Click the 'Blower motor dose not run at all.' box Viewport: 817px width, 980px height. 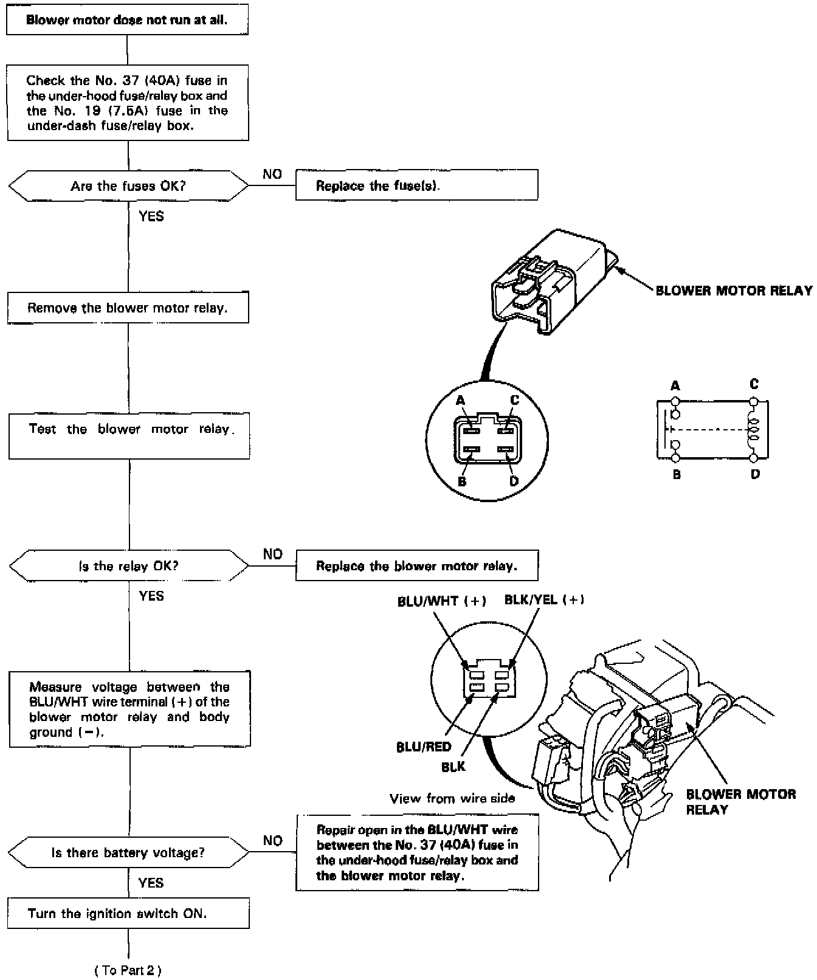click(x=127, y=20)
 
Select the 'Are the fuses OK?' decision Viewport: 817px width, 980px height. click(x=128, y=186)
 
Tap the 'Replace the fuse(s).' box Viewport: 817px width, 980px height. click(x=416, y=185)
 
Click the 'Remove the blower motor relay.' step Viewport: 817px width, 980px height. click(x=128, y=308)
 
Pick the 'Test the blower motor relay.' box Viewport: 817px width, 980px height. click(x=129, y=436)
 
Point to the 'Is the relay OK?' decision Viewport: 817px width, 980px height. click(x=128, y=566)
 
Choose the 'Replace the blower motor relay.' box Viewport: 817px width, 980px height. click(x=416, y=566)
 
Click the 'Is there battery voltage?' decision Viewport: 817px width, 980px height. click(x=128, y=853)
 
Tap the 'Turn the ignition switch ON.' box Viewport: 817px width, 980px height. click(x=128, y=913)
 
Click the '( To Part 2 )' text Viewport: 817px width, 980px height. click(x=128, y=970)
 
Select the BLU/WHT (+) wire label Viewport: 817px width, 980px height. click(x=441, y=601)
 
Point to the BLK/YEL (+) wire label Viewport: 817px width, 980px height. click(x=544, y=600)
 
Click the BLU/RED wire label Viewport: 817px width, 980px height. click(x=423, y=747)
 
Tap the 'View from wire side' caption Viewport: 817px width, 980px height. click(x=452, y=798)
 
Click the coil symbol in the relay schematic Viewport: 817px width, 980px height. click(x=754, y=429)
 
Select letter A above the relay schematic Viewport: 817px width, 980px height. click(x=675, y=386)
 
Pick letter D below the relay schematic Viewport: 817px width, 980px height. click(x=755, y=474)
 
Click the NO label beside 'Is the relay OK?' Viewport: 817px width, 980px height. click(x=273, y=554)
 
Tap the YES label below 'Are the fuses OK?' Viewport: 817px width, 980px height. click(x=151, y=216)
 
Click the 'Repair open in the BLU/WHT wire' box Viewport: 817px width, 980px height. click(x=417, y=852)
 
